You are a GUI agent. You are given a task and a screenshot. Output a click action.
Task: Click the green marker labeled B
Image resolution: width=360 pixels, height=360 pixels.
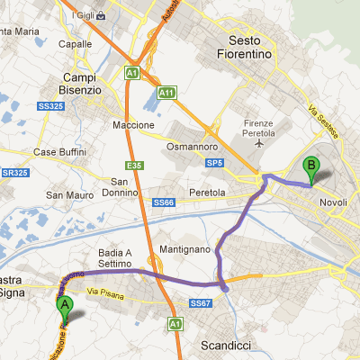click(x=311, y=166)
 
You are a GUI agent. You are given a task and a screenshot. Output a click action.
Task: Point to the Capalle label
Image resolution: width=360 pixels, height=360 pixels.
click(x=75, y=42)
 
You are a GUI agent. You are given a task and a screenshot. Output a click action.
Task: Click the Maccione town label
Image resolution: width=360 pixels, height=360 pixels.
click(x=134, y=124)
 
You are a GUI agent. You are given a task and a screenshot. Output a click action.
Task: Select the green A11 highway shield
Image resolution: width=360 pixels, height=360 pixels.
click(x=166, y=93)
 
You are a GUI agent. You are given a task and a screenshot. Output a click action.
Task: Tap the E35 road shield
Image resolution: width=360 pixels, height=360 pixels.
click(x=135, y=165)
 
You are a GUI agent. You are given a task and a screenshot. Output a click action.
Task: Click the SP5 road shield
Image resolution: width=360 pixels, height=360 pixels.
click(x=213, y=163)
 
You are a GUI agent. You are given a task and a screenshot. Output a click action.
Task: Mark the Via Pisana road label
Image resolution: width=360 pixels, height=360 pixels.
click(x=107, y=292)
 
